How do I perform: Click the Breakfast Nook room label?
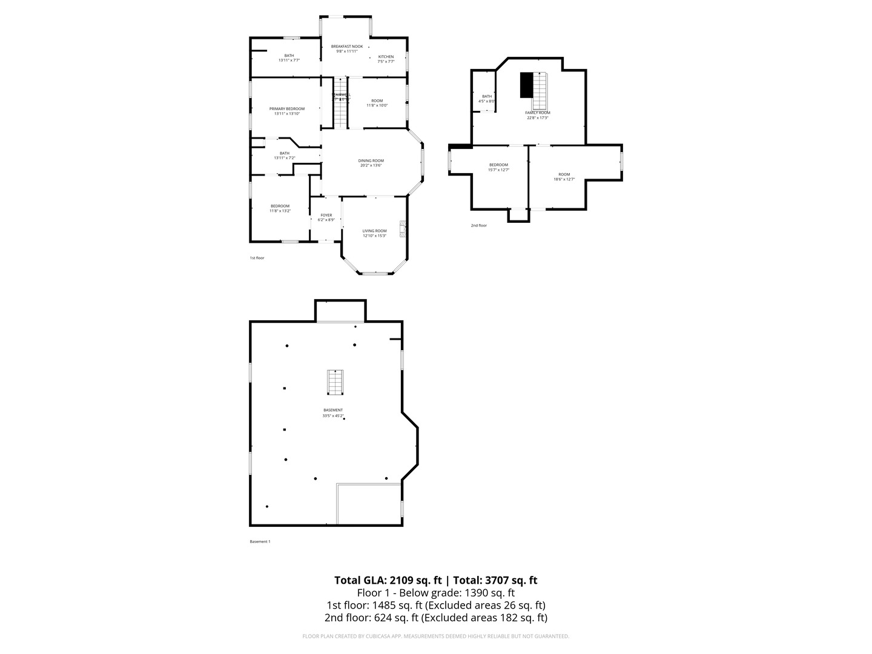pyautogui.click(x=346, y=47)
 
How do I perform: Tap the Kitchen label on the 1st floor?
pyautogui.click(x=386, y=57)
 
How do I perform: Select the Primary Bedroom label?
pyautogui.click(x=286, y=109)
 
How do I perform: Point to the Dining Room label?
pyautogui.click(x=371, y=160)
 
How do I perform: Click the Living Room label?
pyautogui.click(x=374, y=231)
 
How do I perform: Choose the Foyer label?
pyautogui.click(x=326, y=215)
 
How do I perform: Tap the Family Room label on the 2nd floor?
pyautogui.click(x=537, y=113)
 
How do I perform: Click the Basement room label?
pyautogui.click(x=332, y=411)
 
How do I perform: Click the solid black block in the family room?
pyautogui.click(x=526, y=85)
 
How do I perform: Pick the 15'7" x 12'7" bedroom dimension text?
pyautogui.click(x=498, y=170)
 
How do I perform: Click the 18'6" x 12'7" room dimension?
pyautogui.click(x=564, y=179)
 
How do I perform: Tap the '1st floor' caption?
pyautogui.click(x=257, y=258)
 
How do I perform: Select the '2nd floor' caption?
pyautogui.click(x=478, y=225)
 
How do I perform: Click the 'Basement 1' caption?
pyautogui.click(x=260, y=541)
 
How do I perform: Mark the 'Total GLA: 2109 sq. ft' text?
pyautogui.click(x=388, y=580)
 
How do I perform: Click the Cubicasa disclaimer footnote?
pyautogui.click(x=435, y=636)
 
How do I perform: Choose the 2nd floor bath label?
pyautogui.click(x=487, y=96)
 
